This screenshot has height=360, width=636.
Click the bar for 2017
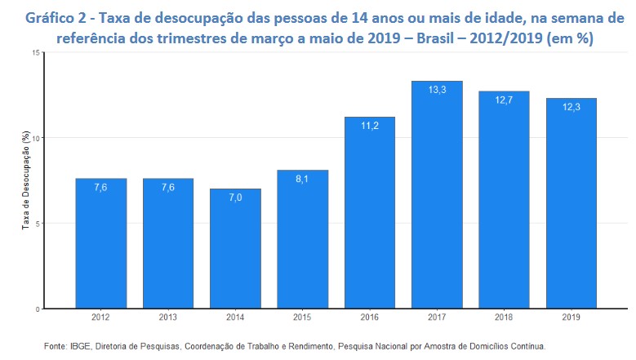(x=436, y=196)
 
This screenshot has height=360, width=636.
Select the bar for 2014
(x=235, y=249)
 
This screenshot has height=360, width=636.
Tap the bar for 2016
(x=369, y=213)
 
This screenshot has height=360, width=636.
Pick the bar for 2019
(x=571, y=203)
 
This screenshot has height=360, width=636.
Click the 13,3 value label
(x=437, y=91)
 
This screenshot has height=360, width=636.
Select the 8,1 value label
(x=302, y=180)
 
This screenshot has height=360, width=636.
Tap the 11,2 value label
(x=369, y=127)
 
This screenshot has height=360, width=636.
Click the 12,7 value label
(x=504, y=101)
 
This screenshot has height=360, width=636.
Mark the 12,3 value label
(x=571, y=108)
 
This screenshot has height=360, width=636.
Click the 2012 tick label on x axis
(x=100, y=318)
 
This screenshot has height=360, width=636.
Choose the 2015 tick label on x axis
(x=302, y=318)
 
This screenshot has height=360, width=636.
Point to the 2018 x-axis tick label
(x=504, y=318)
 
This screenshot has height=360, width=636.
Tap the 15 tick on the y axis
(x=36, y=52)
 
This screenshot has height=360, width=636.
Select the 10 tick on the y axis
(x=36, y=138)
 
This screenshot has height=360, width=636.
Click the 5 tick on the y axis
(x=38, y=224)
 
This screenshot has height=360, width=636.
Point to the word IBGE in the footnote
(x=80, y=346)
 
